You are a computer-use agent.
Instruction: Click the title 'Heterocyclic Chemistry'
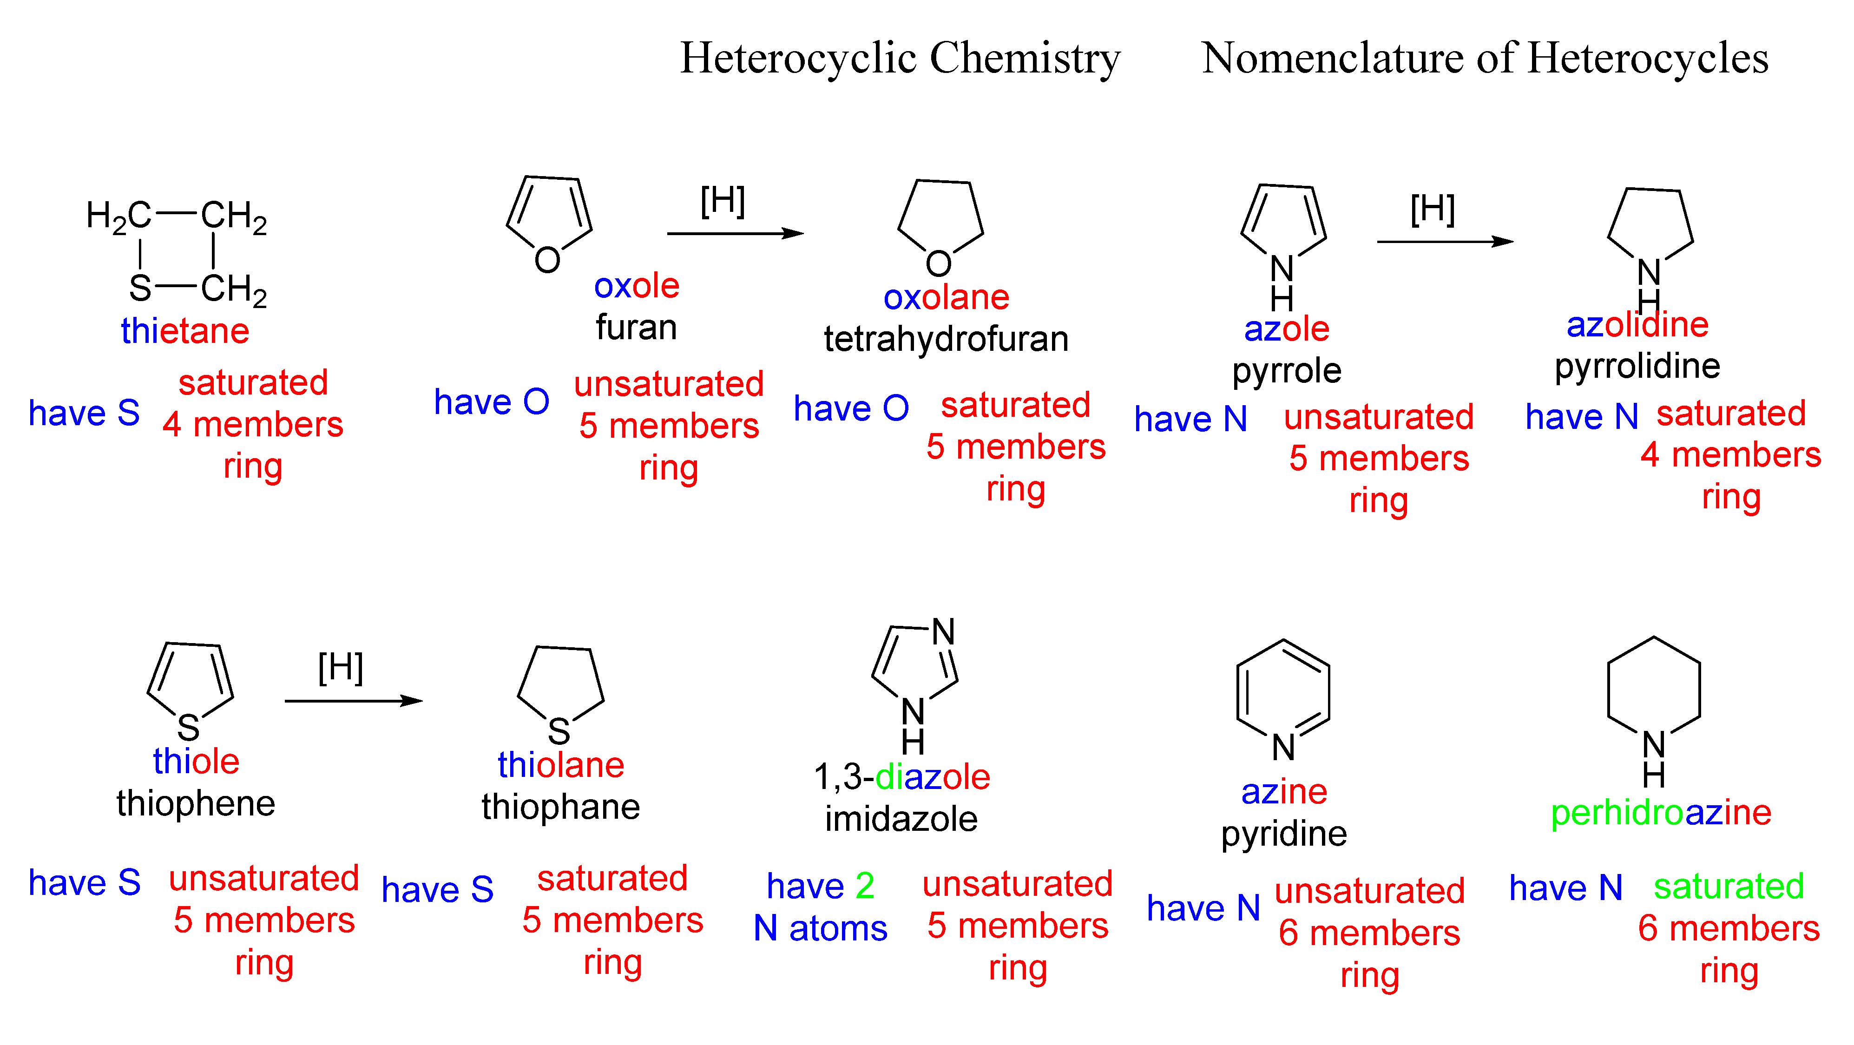pos(900,58)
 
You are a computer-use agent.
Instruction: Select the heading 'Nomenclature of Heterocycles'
pos(1485,58)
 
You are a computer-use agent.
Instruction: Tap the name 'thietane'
pos(185,331)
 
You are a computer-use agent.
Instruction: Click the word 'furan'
pos(636,328)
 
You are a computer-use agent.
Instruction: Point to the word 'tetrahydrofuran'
pos(946,339)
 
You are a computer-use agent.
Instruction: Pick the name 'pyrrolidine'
pos(1637,366)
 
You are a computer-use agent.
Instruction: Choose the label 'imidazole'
pos(901,819)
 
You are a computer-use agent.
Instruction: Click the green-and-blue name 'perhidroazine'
pos(1660,813)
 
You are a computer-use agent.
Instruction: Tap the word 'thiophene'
pos(196,803)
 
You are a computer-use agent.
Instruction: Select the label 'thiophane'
pos(561,807)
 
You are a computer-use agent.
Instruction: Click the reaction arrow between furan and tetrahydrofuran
pos(735,233)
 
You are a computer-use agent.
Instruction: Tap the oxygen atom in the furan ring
pos(547,260)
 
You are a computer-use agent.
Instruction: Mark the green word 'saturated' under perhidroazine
pos(1729,887)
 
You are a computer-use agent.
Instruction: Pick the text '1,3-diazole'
pos(902,777)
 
